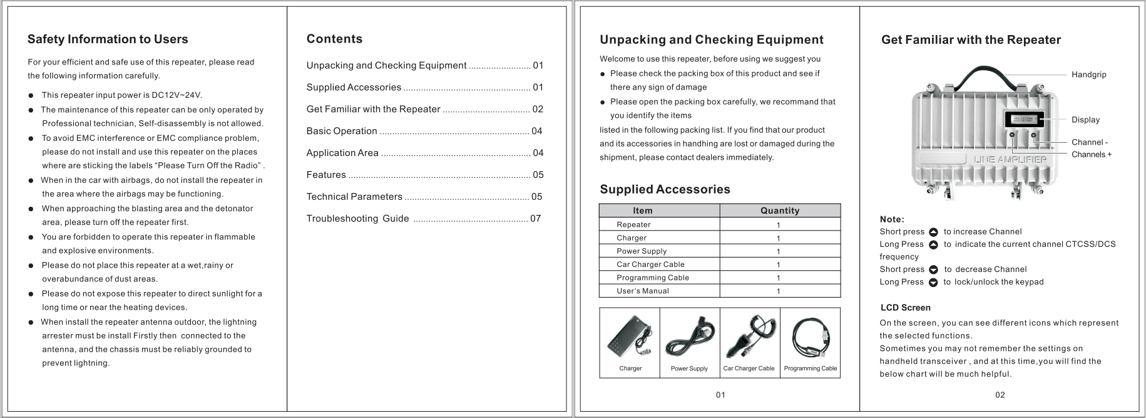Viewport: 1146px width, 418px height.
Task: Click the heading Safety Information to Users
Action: pyautogui.click(x=108, y=39)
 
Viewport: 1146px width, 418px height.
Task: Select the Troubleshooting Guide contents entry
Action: pyautogui.click(x=357, y=219)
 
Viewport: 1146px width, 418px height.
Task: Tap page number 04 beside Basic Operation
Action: pyautogui.click(x=537, y=131)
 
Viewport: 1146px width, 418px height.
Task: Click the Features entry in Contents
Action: pyautogui.click(x=326, y=175)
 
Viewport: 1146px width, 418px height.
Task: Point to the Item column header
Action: pyautogui.click(x=643, y=211)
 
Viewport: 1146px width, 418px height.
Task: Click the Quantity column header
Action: pyautogui.click(x=780, y=211)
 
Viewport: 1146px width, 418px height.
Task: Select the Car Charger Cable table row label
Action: pyautogui.click(x=650, y=264)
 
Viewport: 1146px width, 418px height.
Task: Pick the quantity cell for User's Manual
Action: pyautogui.click(x=779, y=291)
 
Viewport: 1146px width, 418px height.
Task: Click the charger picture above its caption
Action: pyautogui.click(x=630, y=335)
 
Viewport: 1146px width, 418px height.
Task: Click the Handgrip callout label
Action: pyautogui.click(x=1088, y=75)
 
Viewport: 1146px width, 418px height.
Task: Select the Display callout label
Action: pyautogui.click(x=1085, y=120)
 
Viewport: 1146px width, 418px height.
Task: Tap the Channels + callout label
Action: pyautogui.click(x=1091, y=154)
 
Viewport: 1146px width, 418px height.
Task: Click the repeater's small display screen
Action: pyautogui.click(x=1023, y=120)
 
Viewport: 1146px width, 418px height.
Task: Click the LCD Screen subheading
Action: pyautogui.click(x=905, y=308)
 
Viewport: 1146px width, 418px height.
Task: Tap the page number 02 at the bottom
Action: pyautogui.click(x=1000, y=395)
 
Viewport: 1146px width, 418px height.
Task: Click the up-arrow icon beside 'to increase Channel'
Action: pyautogui.click(x=934, y=232)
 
